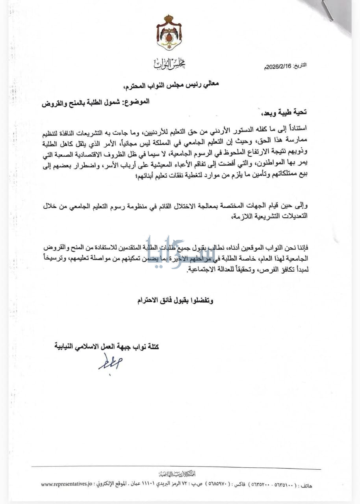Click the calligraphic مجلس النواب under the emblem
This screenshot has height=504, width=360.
point(169,63)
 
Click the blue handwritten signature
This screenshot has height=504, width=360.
point(110,362)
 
